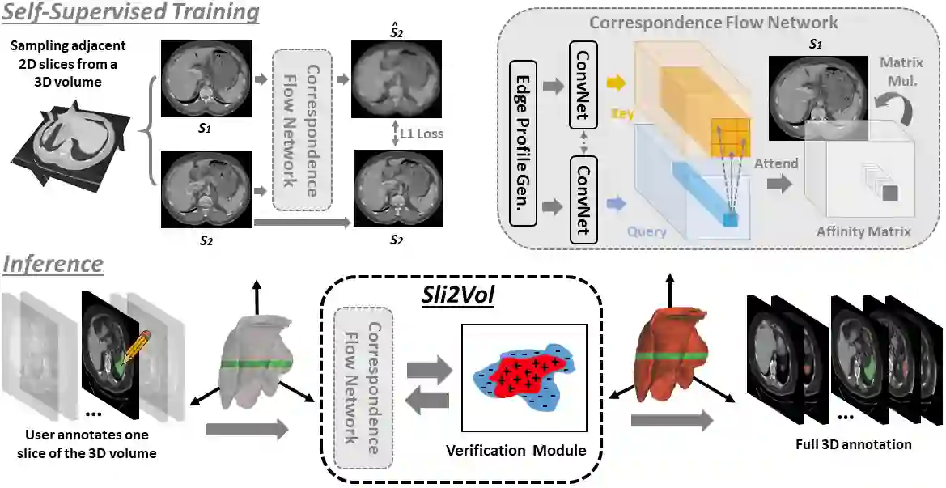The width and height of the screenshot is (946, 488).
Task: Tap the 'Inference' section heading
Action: pyautogui.click(x=53, y=264)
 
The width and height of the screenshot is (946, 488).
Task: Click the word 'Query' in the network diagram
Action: pyautogui.click(x=646, y=231)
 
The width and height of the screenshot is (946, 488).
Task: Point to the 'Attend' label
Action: pyautogui.click(x=775, y=163)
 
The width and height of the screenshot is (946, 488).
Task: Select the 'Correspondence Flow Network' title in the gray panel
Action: pyautogui.click(x=713, y=22)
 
